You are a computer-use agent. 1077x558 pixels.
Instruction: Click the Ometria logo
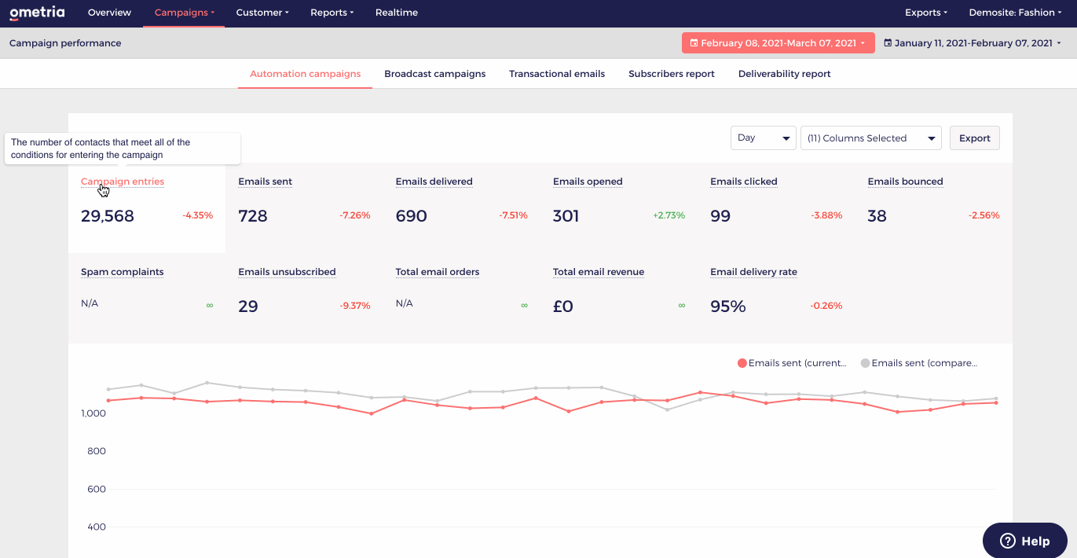(37, 13)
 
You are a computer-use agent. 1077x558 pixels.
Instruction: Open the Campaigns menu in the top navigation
(184, 13)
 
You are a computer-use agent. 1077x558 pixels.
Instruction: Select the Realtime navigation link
(396, 13)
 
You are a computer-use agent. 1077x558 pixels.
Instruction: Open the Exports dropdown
(925, 13)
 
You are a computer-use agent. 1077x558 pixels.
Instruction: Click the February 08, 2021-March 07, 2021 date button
(778, 43)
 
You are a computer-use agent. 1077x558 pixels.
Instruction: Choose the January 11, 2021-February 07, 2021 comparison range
(972, 43)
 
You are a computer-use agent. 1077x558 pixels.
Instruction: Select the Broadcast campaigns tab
(434, 74)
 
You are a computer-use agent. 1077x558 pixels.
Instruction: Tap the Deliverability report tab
(784, 74)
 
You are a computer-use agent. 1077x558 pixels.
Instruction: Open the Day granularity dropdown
(763, 138)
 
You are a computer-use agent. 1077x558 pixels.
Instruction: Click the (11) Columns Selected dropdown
(870, 138)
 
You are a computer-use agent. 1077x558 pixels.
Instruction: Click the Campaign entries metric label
(123, 182)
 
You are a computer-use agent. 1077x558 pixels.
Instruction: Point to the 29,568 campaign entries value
(108, 216)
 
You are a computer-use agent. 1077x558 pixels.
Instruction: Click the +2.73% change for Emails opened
(669, 215)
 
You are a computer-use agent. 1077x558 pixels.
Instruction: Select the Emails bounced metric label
(905, 182)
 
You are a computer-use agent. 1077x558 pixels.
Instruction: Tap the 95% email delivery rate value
(727, 307)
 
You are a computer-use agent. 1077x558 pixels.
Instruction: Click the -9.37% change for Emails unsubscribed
(354, 306)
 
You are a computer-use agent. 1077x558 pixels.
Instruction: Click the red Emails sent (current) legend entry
(792, 363)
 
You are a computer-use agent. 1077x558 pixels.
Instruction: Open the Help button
(1024, 541)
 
